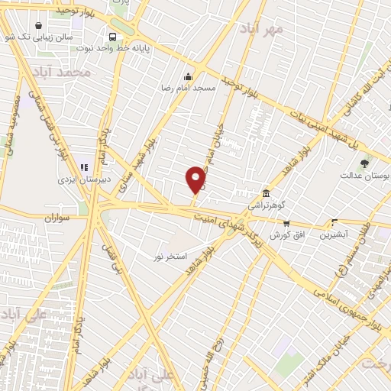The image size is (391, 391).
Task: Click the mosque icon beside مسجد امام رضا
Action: point(189,76)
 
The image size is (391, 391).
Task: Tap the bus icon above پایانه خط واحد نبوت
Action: point(113,36)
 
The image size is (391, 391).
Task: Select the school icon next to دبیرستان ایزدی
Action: point(84,166)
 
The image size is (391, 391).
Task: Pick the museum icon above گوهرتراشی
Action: point(265,193)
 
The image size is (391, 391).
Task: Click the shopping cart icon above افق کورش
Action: point(286,224)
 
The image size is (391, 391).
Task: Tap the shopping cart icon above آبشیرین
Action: point(334,223)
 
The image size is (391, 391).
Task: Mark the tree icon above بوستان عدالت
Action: point(364,163)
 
